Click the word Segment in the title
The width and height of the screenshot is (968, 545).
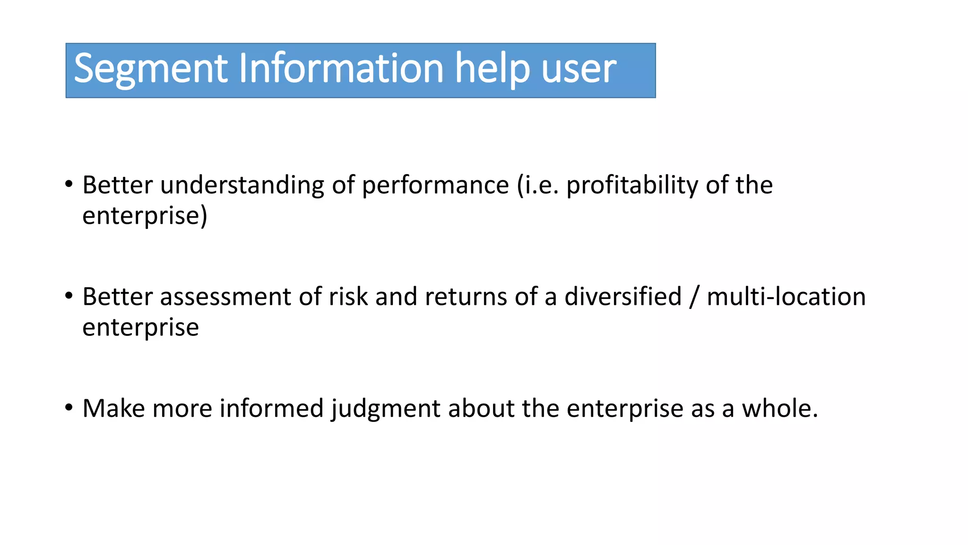pyautogui.click(x=151, y=69)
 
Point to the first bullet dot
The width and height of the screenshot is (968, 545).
pyautogui.click(x=69, y=184)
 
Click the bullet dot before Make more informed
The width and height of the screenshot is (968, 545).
pyautogui.click(x=69, y=407)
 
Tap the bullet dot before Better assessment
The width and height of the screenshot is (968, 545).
pyautogui.click(x=69, y=296)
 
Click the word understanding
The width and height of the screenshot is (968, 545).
pyautogui.click(x=242, y=185)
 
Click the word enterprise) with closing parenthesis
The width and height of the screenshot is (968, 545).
pyautogui.click(x=145, y=216)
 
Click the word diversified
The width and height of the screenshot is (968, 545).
pyautogui.click(x=623, y=297)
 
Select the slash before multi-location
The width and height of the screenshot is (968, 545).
pyautogui.click(x=694, y=297)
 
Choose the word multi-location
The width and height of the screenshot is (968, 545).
pyautogui.click(x=786, y=297)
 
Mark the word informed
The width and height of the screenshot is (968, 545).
pyautogui.click(x=271, y=408)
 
